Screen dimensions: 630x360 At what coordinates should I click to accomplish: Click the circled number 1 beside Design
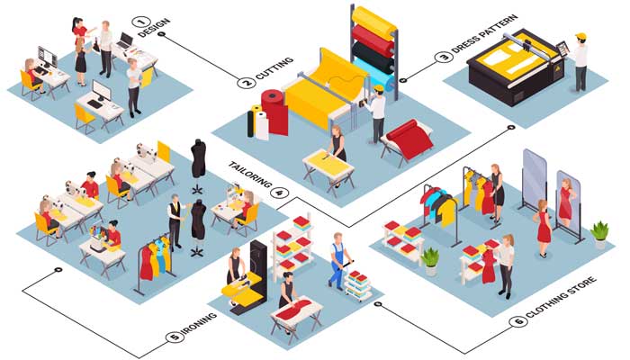[x=143, y=22]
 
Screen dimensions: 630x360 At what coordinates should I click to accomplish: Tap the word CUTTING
[x=274, y=68]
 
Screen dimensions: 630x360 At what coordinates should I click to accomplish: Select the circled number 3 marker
[x=444, y=57]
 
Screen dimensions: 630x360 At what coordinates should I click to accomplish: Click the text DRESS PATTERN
[x=484, y=34]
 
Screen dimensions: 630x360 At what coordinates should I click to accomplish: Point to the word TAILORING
[x=249, y=175]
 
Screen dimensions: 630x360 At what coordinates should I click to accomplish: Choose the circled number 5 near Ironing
[x=175, y=337]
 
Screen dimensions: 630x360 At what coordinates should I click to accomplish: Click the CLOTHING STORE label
[x=561, y=296]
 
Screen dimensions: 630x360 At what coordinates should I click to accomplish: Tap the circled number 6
[x=518, y=321]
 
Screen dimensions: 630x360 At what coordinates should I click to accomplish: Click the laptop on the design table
[x=125, y=40]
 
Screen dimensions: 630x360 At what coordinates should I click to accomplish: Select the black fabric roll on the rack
[x=372, y=56]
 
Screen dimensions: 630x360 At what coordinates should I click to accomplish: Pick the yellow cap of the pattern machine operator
[x=580, y=37]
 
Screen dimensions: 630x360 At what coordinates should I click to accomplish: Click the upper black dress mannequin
[x=198, y=158]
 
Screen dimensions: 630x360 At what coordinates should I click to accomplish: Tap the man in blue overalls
[x=337, y=261]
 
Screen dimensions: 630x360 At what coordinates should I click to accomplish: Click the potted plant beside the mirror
[x=600, y=234]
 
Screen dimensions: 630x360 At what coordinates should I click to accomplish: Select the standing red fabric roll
[x=274, y=112]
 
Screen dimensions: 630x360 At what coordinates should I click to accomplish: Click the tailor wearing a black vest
[x=175, y=221]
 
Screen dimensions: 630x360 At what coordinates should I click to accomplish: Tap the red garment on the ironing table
[x=295, y=310]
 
